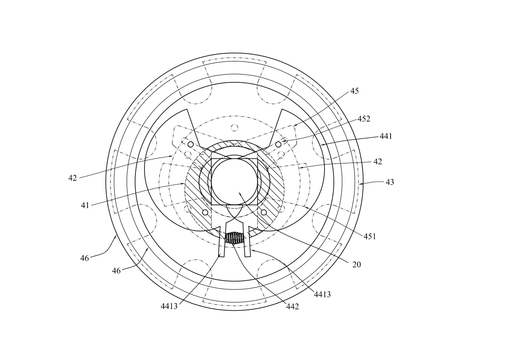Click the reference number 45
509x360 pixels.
354,91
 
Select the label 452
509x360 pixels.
364,119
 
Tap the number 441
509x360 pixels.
386,136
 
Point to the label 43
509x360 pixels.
390,182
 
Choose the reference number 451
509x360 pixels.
370,237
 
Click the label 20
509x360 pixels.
357,265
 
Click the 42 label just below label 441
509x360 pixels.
378,162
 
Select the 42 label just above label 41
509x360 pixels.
73,178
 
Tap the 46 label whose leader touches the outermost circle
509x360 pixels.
85,258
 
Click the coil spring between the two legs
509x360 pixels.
234,238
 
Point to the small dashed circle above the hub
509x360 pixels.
234,127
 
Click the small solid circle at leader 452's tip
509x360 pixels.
278,144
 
